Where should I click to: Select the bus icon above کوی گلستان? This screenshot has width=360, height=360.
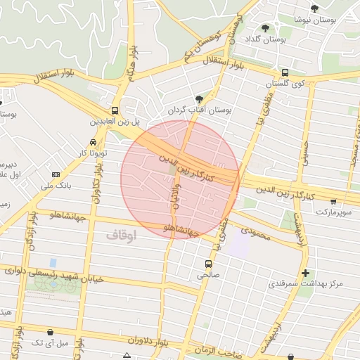pyautogui.click(x=285, y=72)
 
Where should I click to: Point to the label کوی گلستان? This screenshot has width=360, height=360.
pyautogui.click(x=285, y=84)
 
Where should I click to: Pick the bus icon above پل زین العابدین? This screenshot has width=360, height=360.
pyautogui.click(x=115, y=111)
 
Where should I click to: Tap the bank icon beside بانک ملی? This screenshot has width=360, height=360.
pyautogui.click(x=56, y=174)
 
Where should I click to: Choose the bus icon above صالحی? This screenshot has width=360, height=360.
pyautogui.click(x=207, y=264)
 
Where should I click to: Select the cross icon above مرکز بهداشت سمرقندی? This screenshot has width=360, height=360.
pyautogui.click(x=304, y=273)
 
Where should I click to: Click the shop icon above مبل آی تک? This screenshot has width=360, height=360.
pyautogui.click(x=50, y=332)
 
